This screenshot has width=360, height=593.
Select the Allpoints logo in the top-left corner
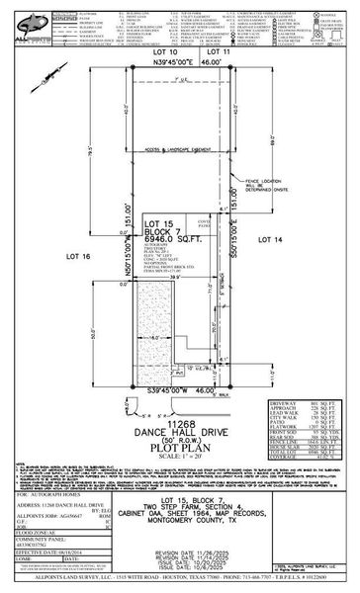click(26, 20)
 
